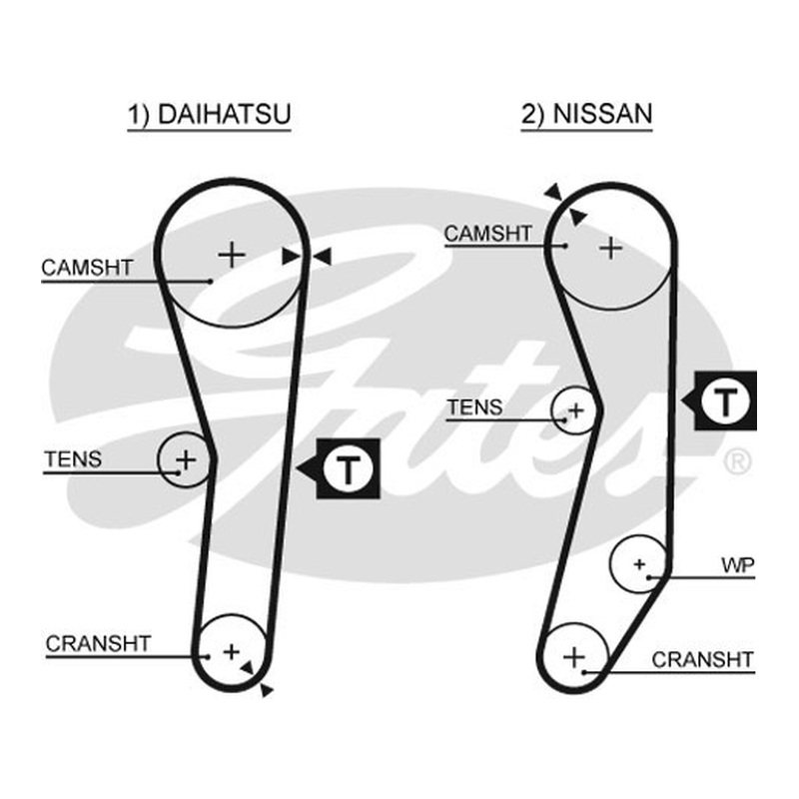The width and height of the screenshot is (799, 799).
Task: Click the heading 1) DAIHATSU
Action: (209, 114)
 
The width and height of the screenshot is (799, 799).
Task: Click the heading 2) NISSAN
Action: (586, 114)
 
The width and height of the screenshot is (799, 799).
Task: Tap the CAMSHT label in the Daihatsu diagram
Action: (87, 268)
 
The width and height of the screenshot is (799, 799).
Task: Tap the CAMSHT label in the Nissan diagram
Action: (488, 234)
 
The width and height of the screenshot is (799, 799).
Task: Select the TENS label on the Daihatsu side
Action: (73, 459)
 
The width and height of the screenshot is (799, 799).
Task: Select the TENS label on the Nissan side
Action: (475, 407)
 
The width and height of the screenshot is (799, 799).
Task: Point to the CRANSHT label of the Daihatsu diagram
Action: (98, 643)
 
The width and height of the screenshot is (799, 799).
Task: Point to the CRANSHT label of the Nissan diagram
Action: (703, 660)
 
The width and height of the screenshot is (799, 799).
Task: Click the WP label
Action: (738, 565)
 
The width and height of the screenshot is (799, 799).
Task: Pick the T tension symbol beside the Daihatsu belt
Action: (348, 468)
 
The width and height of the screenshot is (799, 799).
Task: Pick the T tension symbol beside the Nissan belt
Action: (726, 401)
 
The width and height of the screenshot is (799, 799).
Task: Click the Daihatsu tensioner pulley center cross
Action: (186, 460)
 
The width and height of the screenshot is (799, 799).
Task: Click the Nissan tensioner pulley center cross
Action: (576, 410)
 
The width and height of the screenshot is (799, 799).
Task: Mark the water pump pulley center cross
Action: (639, 564)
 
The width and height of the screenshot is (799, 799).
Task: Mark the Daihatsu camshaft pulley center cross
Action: (232, 255)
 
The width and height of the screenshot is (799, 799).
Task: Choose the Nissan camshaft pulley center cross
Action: (611, 249)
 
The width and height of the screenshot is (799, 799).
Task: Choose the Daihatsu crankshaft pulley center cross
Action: (232, 652)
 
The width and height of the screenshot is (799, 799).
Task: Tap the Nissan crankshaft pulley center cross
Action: (574, 657)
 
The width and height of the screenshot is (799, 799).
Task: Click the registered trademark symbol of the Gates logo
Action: (737, 462)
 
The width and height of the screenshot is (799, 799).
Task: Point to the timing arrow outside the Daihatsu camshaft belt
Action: (322, 257)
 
